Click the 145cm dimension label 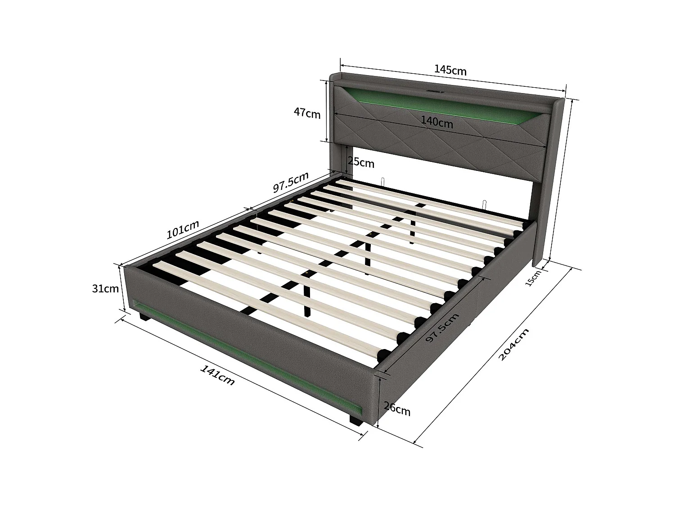pos(450,70)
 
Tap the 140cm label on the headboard pos(437,121)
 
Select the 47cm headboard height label pos(307,113)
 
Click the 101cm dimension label pos(183,229)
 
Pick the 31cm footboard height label pos(105,288)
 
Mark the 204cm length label pos(513,344)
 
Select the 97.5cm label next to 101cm pos(291,182)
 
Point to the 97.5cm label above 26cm pos(442,328)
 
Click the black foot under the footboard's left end pos(144,318)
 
